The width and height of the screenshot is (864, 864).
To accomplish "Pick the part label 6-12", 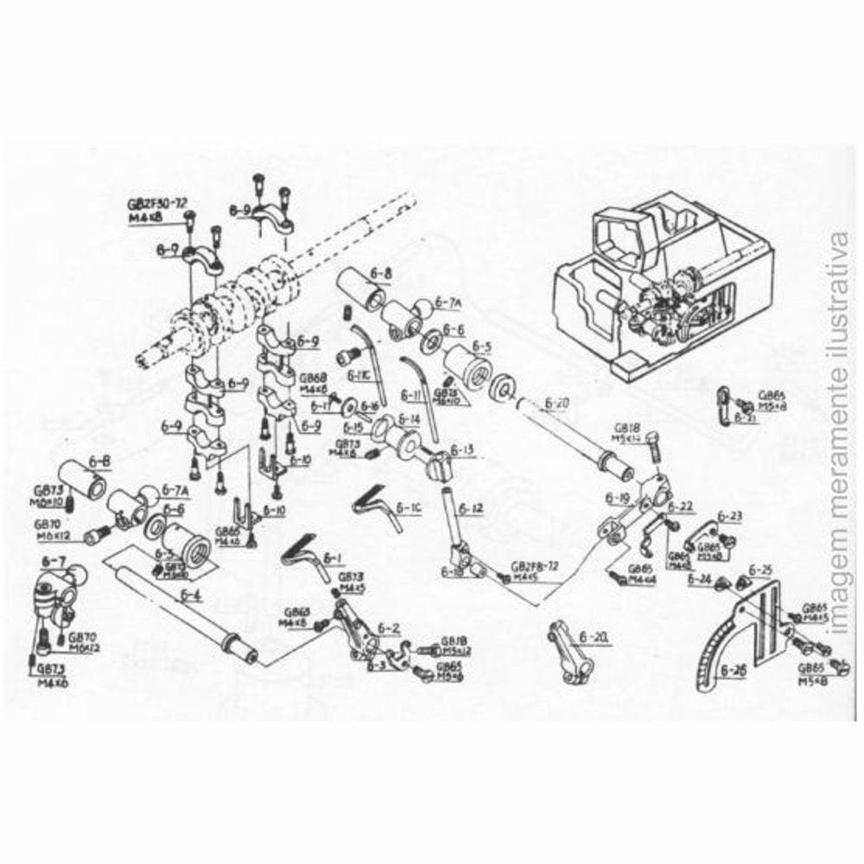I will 472,508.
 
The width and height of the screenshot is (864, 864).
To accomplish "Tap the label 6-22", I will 681,506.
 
